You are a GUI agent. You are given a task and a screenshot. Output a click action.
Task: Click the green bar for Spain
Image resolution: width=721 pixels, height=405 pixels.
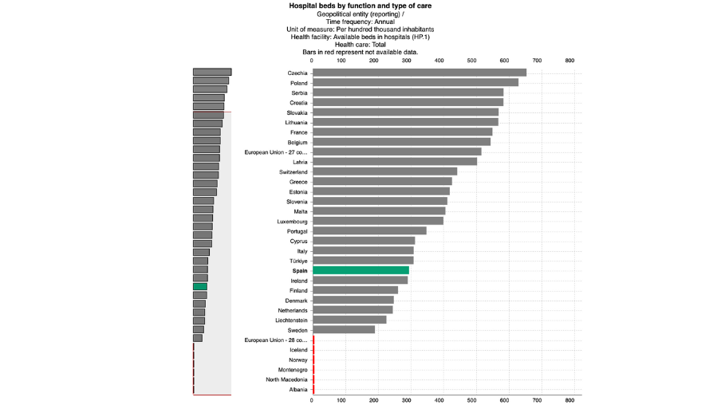(360, 270)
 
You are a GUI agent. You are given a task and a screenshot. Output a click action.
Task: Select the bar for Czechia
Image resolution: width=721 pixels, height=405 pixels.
(419, 73)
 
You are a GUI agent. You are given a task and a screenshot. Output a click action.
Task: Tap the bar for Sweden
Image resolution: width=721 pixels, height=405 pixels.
(343, 329)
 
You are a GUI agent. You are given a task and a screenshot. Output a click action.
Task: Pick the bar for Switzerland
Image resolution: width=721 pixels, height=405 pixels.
(384, 171)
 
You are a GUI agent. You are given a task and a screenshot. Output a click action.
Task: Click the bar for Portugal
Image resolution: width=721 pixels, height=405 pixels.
(369, 230)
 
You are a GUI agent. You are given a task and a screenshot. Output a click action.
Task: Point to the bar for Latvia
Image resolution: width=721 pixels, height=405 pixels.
(394, 162)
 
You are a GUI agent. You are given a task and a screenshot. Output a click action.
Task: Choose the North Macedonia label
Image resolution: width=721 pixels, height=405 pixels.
(286, 379)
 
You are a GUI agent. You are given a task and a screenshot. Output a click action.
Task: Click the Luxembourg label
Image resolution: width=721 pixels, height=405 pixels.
(292, 221)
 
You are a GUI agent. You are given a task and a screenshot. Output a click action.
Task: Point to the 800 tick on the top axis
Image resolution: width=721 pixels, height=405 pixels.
(569, 61)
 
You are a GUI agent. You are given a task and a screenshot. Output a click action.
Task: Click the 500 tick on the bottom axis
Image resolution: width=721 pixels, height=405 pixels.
(473, 400)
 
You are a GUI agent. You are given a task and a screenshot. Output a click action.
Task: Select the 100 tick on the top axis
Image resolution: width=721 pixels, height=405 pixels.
(341, 61)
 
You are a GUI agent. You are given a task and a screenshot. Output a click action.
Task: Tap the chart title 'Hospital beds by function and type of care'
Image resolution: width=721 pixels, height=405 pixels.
(360, 6)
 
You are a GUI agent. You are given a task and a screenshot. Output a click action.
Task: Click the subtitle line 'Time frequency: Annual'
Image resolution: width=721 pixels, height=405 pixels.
(360, 22)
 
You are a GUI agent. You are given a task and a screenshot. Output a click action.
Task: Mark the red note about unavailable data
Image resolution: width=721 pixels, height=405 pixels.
(360, 52)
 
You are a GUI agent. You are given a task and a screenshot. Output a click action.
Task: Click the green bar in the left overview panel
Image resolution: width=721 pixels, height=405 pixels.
(199, 286)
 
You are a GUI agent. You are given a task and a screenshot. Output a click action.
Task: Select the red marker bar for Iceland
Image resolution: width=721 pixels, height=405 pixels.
(313, 349)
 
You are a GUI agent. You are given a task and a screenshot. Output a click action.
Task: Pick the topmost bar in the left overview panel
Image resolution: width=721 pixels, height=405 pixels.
(212, 72)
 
